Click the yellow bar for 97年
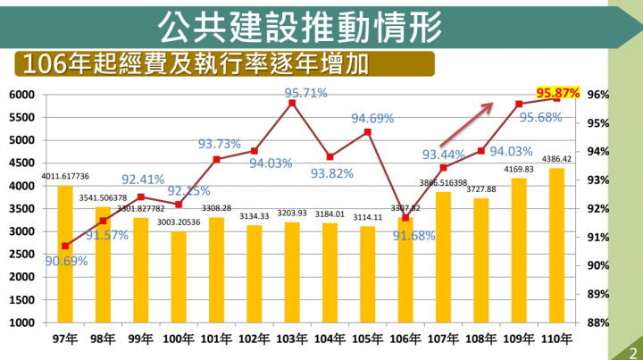click(65, 254)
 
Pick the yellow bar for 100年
click(179, 276)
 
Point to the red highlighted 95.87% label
click(558, 92)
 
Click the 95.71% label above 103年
click(305, 92)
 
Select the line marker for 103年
click(292, 104)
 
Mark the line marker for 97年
click(65, 246)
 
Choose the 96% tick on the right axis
click(598, 95)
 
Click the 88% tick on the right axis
click(598, 322)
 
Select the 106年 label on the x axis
click(405, 340)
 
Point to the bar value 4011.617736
click(65, 177)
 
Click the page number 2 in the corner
click(631, 352)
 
